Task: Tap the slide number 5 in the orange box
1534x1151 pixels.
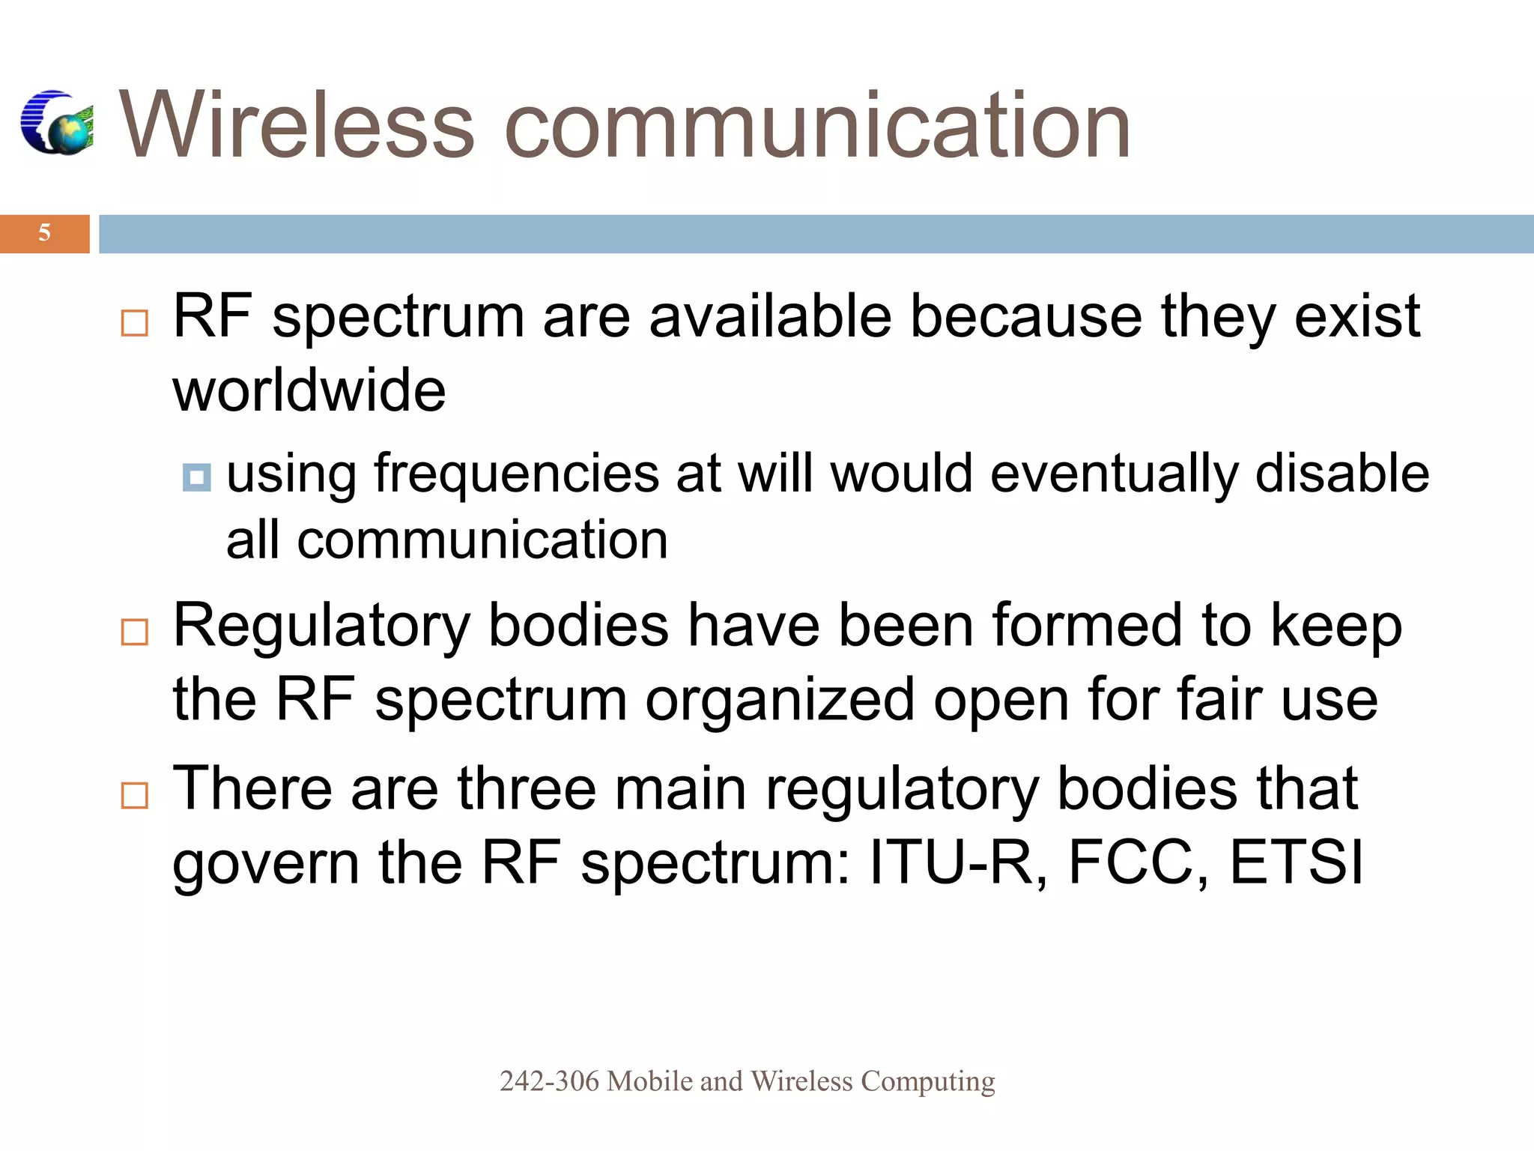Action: pos(44,233)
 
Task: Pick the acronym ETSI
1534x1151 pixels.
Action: pos(1297,863)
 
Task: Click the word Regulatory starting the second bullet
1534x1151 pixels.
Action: pos(321,626)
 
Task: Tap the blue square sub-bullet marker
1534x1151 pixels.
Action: pos(196,477)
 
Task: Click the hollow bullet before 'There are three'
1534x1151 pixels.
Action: pos(135,795)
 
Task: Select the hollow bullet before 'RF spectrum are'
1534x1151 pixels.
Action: pos(135,323)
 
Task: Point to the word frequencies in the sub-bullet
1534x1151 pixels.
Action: pos(516,474)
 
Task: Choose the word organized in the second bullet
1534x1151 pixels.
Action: pos(780,700)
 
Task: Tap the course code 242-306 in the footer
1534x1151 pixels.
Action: pos(549,1081)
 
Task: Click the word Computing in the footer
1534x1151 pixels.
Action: pos(927,1081)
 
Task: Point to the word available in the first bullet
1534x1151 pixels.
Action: pos(770,317)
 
